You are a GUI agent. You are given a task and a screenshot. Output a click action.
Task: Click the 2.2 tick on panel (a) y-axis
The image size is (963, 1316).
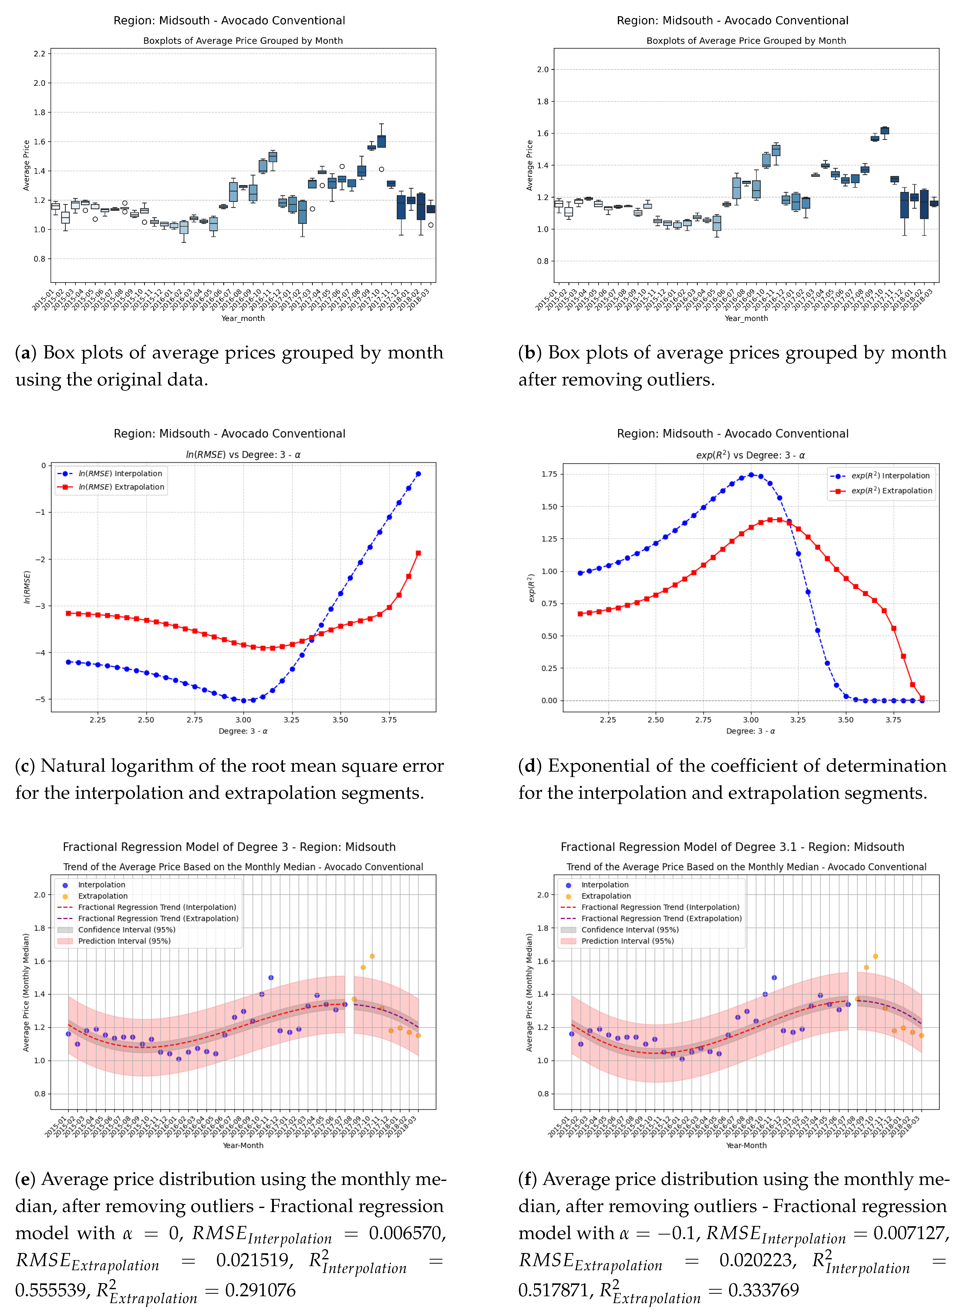click(39, 54)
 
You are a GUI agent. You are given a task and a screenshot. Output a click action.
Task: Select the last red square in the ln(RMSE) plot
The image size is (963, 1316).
click(418, 553)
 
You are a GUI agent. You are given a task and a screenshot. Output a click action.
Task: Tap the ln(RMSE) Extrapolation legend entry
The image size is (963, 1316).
click(121, 487)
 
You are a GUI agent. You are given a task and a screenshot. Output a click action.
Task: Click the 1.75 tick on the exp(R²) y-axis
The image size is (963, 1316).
click(549, 474)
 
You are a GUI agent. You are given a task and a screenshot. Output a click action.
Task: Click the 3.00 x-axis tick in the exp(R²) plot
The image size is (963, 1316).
click(751, 720)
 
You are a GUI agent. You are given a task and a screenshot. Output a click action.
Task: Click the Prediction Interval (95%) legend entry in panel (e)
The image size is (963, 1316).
click(124, 941)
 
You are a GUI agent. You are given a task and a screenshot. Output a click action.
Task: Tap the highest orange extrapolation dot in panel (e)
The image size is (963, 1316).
click(372, 956)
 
